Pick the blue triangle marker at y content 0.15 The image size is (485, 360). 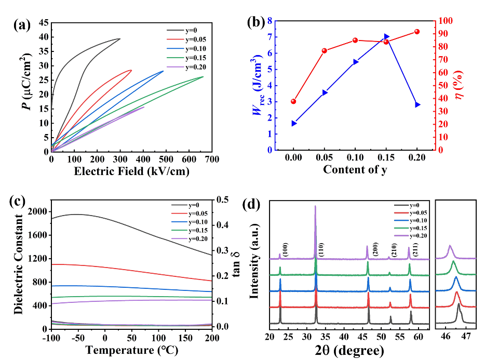(x=386, y=37)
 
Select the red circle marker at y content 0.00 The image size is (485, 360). (x=293, y=101)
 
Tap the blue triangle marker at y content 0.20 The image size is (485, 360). (x=417, y=105)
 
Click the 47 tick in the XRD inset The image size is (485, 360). (x=465, y=336)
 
